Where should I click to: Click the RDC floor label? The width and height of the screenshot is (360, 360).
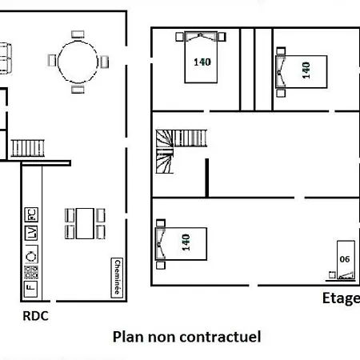[35, 316]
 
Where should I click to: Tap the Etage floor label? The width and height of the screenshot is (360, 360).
[342, 299]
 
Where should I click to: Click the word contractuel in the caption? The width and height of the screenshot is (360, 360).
[220, 337]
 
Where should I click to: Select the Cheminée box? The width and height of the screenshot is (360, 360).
[117, 278]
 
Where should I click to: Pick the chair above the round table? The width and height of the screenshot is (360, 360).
[78, 34]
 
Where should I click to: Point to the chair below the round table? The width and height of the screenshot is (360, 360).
[78, 89]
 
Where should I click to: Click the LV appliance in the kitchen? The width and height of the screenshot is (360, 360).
[31, 233]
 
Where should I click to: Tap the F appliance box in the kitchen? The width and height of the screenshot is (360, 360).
[30, 289]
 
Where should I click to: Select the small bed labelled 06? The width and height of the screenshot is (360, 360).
[346, 259]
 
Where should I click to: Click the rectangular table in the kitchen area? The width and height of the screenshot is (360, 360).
[85, 223]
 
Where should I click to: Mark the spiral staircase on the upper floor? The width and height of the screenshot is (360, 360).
[165, 152]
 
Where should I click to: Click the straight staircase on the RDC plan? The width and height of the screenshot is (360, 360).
[28, 148]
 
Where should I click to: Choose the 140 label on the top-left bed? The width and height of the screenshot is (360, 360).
[202, 62]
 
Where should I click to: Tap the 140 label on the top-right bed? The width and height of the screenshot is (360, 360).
[306, 70]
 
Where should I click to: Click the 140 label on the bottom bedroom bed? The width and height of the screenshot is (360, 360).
[186, 242]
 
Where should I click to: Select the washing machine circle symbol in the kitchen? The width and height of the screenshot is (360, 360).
[31, 257]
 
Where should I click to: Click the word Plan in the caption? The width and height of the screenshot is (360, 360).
[129, 337]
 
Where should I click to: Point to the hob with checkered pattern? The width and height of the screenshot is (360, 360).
[31, 272]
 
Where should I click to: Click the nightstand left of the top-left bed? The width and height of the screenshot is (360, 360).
[180, 37]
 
